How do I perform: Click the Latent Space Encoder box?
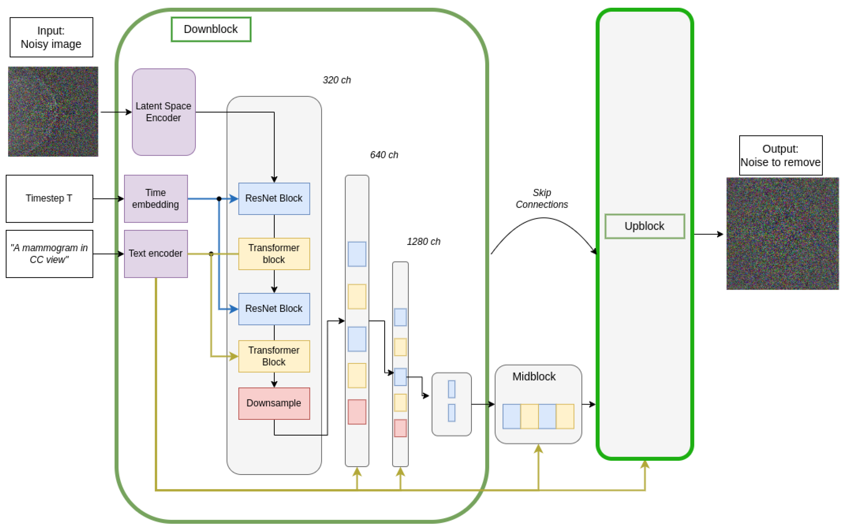(x=164, y=112)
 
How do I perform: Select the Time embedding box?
(x=156, y=198)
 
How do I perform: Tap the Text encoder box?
(x=156, y=254)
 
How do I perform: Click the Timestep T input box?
(x=49, y=198)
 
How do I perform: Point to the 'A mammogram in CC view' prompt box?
(x=49, y=254)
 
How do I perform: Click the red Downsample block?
(x=274, y=403)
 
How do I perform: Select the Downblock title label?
(x=211, y=29)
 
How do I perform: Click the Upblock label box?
(x=645, y=226)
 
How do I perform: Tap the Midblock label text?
(x=534, y=376)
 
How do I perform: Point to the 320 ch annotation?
(x=337, y=80)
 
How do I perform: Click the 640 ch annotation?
(x=384, y=155)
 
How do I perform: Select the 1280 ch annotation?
(x=424, y=241)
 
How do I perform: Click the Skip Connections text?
(x=542, y=198)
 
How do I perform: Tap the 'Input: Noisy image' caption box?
(x=51, y=37)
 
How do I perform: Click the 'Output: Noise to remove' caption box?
(x=781, y=155)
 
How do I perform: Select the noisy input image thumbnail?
(x=53, y=111)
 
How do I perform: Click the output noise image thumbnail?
(x=782, y=233)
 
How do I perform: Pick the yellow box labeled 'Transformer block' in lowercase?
(x=274, y=254)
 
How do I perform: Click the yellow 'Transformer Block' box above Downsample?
(x=274, y=356)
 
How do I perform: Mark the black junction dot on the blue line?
(x=219, y=199)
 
